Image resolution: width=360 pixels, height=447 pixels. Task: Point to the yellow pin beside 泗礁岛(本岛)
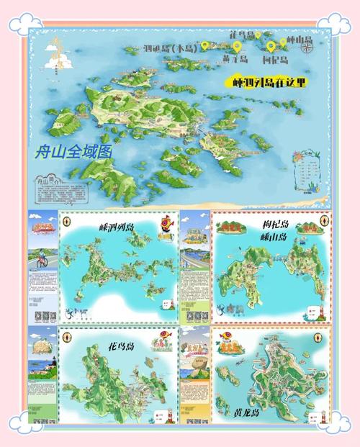point(204,45)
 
